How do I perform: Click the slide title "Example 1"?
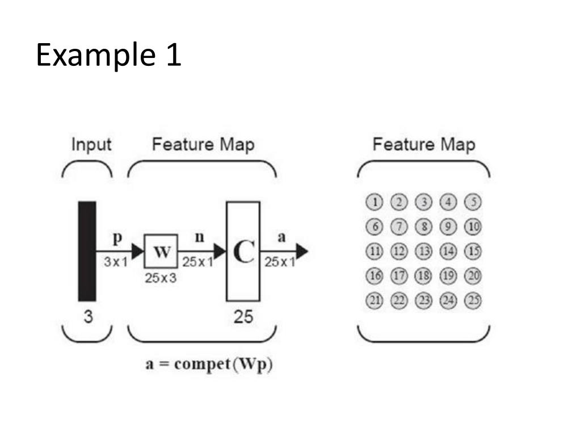click(x=108, y=56)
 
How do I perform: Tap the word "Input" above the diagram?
click(x=91, y=145)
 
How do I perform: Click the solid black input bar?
click(x=87, y=250)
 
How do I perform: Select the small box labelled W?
click(x=161, y=251)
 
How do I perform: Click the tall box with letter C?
click(x=243, y=251)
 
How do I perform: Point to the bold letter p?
click(x=117, y=239)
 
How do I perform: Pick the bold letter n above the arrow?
click(x=199, y=237)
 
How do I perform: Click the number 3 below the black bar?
click(x=88, y=317)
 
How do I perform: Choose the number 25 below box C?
click(x=243, y=317)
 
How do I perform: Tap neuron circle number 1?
click(x=375, y=202)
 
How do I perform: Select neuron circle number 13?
click(x=424, y=251)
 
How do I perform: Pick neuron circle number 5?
click(x=473, y=202)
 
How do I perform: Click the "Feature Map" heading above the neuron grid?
click(x=423, y=145)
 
